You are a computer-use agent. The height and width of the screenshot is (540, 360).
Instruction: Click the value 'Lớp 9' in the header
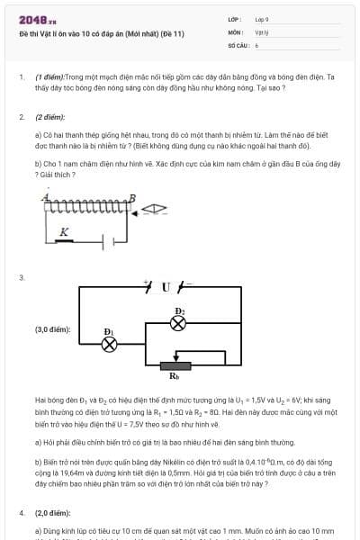click(x=262, y=19)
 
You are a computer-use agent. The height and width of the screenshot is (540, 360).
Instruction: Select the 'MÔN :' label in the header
click(x=235, y=31)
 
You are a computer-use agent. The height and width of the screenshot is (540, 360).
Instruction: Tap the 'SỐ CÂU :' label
click(x=238, y=44)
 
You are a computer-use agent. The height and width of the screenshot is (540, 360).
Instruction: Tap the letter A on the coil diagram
click(x=44, y=196)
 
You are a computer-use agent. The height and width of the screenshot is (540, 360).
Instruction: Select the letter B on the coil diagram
click(x=132, y=197)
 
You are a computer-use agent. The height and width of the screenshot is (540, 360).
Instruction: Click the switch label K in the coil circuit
click(x=64, y=232)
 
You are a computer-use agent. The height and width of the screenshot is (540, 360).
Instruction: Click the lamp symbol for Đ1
click(x=110, y=344)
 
